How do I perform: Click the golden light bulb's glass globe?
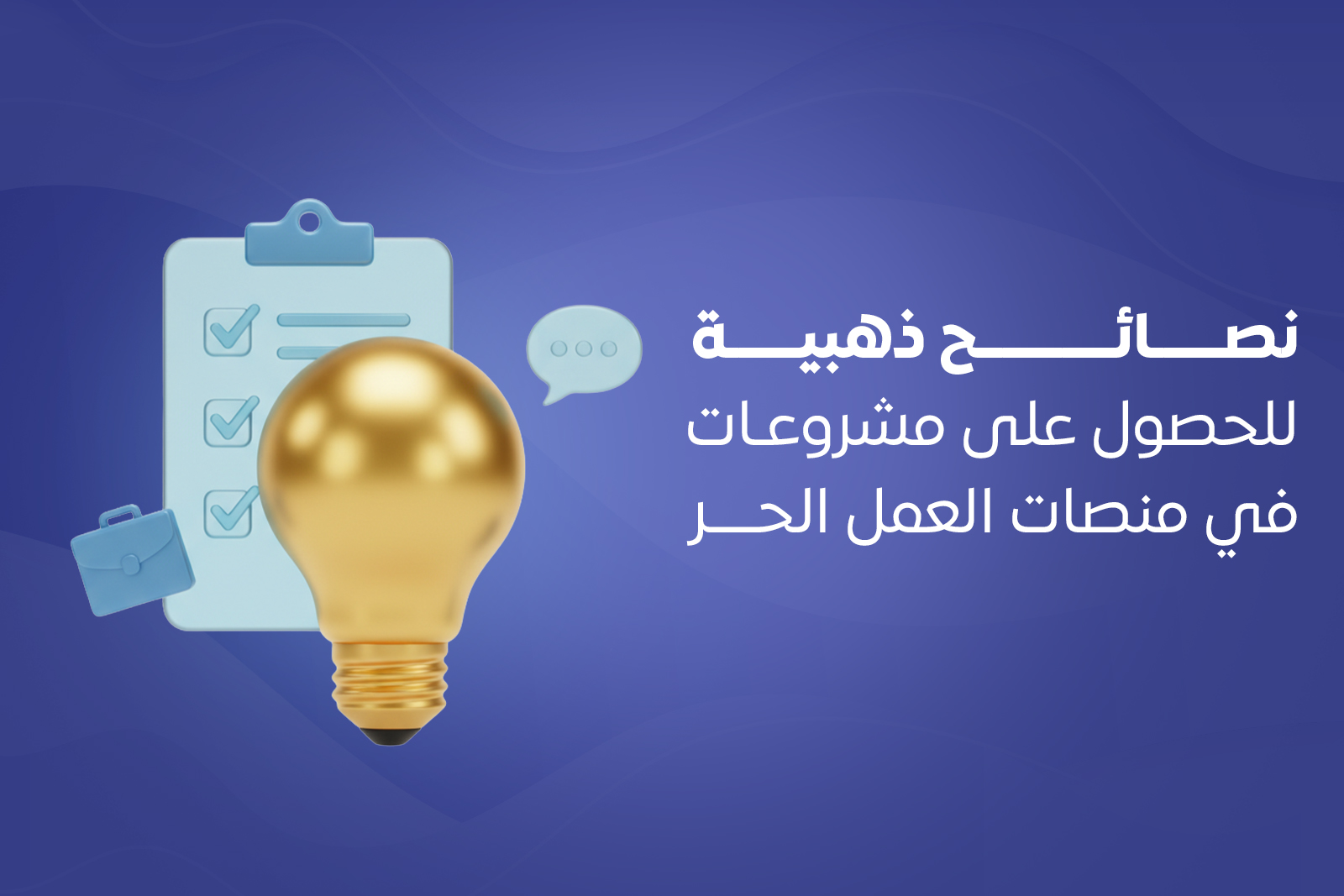point(391,470)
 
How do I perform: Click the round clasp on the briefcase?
point(130,565)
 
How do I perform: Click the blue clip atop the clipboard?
point(309,236)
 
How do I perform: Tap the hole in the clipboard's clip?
point(310,222)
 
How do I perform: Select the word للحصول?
point(1194,428)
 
